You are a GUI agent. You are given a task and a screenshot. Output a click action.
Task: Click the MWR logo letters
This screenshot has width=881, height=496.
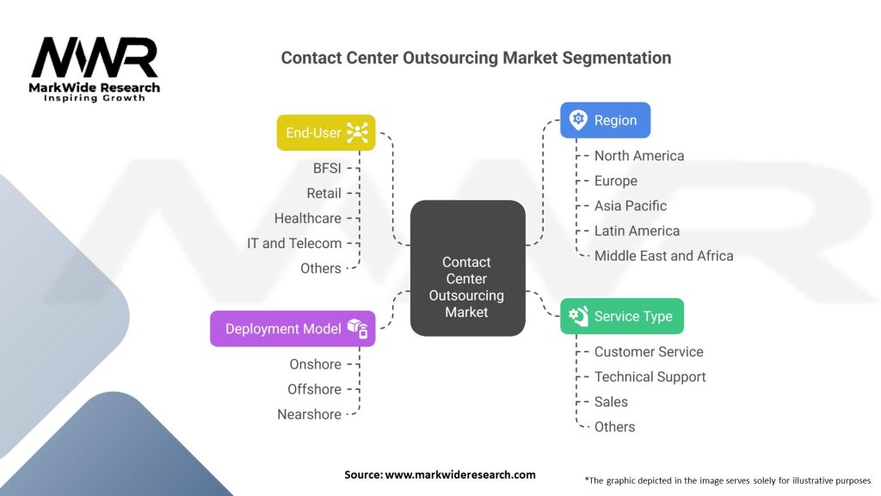[95, 57]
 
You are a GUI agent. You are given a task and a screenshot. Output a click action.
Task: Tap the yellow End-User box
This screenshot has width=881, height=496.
[326, 133]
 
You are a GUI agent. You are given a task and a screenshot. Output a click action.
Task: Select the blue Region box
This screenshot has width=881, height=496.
[605, 121]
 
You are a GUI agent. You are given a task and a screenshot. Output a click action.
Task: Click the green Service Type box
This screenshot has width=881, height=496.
[622, 316]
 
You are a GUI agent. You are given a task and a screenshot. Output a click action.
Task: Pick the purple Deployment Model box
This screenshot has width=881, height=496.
[293, 328]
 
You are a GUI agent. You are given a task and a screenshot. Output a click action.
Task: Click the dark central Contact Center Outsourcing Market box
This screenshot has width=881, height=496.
[467, 269]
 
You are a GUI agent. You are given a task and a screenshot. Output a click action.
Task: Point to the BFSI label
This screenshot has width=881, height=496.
[327, 168]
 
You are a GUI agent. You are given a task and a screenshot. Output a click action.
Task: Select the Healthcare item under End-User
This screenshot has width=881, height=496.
[307, 218]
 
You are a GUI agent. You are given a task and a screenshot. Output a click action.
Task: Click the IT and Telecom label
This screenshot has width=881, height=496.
[294, 243]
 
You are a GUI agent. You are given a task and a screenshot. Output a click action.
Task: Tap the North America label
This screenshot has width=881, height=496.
[639, 156]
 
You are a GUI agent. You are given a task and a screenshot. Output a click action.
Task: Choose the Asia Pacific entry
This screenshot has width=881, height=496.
[631, 206]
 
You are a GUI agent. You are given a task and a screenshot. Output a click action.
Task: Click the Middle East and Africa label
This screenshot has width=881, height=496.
[663, 256]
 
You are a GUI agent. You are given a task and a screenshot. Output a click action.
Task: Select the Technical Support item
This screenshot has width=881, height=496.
[650, 377]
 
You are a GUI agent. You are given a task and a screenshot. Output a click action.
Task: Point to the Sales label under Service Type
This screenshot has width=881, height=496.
[611, 401]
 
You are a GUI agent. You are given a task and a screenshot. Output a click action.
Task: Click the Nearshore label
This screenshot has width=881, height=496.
[309, 414]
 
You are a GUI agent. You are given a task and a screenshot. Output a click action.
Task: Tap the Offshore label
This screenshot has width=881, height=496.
[314, 389]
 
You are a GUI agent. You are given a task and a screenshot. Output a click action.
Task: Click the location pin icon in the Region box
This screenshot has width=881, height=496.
[578, 120]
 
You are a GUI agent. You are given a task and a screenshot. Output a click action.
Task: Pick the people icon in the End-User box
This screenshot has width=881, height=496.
[357, 133]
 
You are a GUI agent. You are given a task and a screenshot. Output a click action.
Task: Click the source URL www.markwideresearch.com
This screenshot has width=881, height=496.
[460, 474]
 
